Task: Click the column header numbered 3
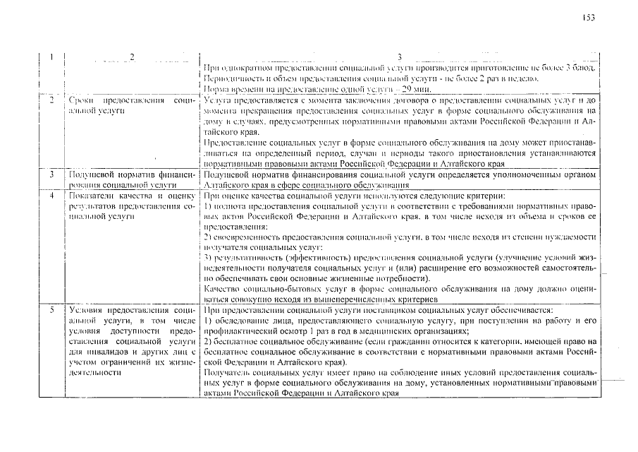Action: point(399,56)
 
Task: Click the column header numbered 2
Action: point(131,56)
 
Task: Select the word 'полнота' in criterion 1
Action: point(231,206)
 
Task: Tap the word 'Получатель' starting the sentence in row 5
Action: point(228,372)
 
